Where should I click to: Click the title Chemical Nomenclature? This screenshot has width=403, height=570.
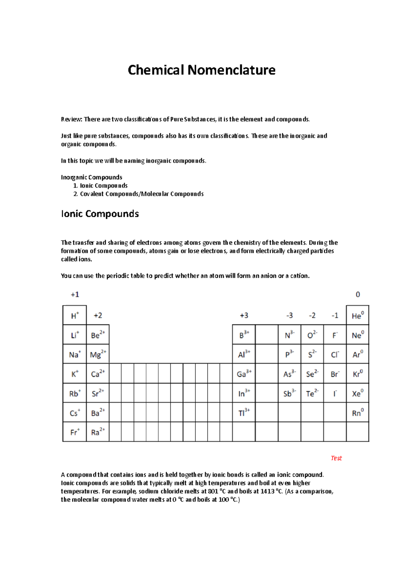[201, 70]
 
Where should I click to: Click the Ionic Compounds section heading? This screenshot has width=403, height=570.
[100, 214]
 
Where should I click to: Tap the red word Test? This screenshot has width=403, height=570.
[336, 458]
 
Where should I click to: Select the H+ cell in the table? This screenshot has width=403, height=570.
[75, 316]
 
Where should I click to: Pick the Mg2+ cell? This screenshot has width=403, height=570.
[98, 354]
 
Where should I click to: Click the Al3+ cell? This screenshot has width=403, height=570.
[244, 354]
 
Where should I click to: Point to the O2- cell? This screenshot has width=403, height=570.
[312, 335]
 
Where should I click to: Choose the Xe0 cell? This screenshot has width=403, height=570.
[357, 393]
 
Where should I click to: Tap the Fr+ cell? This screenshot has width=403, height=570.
[75, 432]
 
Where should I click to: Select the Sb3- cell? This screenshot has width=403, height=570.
[289, 393]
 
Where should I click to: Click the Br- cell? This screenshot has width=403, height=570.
[335, 374]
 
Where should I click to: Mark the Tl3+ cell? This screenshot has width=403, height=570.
[244, 412]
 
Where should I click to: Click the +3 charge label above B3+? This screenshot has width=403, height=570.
[244, 316]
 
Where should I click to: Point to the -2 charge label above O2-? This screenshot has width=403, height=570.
[312, 316]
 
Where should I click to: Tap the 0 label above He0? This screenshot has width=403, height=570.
[358, 294]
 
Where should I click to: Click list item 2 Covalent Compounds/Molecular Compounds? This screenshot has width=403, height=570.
[141, 194]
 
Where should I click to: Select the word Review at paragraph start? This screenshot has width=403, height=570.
[71, 120]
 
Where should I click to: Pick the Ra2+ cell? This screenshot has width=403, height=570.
[98, 432]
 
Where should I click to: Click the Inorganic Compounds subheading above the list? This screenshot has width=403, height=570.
[91, 177]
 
